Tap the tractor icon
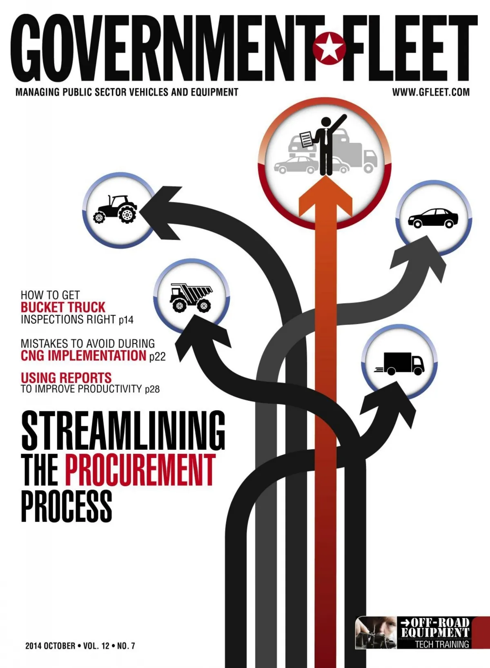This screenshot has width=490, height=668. coord(115,209)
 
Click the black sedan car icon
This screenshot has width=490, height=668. coord(433,218)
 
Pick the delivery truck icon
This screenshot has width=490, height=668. coord(399,364)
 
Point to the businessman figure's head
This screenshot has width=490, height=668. coord(326,122)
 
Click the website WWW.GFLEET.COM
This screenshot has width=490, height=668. coord(430,92)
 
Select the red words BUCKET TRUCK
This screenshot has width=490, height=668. coord(63,307)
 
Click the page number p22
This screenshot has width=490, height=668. coord(157,357)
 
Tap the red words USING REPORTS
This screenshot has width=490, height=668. coord(66,378)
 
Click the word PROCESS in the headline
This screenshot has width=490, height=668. coord(67,506)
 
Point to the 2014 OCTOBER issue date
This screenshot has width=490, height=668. coord(51,646)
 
